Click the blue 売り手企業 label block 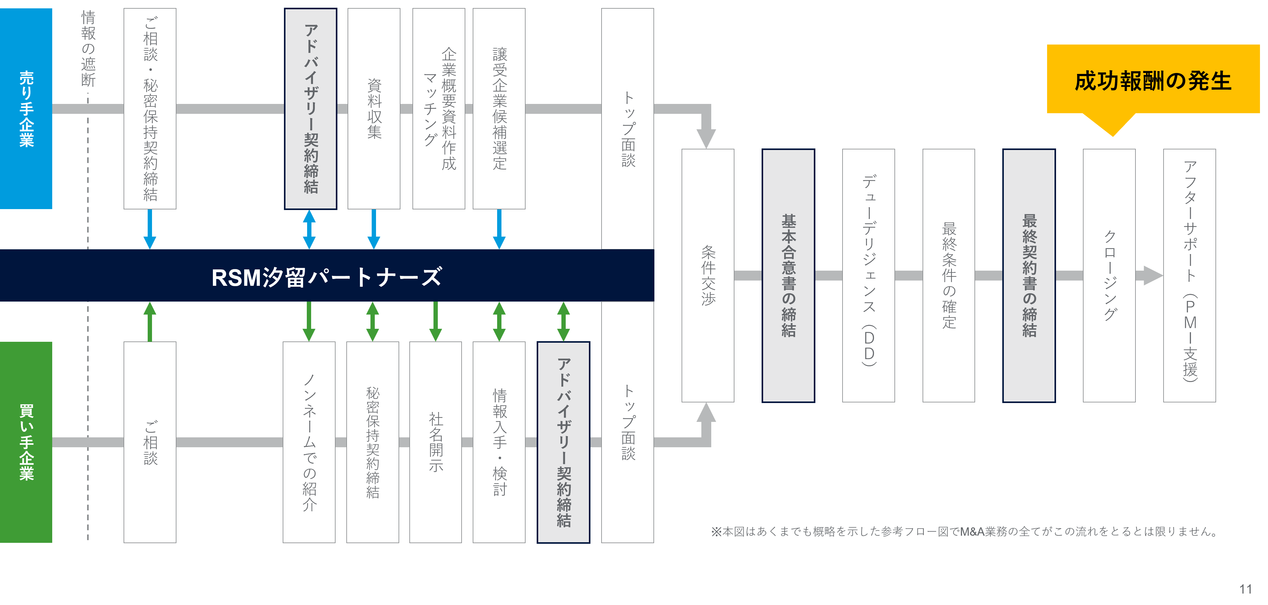click(x=26, y=108)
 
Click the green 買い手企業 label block click(x=26, y=442)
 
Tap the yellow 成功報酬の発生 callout click(x=1153, y=80)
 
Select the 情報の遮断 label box click(x=88, y=48)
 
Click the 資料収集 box click(x=374, y=108)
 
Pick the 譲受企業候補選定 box click(x=499, y=108)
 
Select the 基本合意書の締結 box click(x=788, y=275)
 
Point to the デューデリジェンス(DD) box click(x=868, y=275)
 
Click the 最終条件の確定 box click(x=949, y=275)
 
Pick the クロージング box click(x=1109, y=275)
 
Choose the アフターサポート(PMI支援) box click(x=1189, y=275)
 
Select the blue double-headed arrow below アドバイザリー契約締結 click(x=309, y=229)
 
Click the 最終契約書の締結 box click(x=1029, y=275)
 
